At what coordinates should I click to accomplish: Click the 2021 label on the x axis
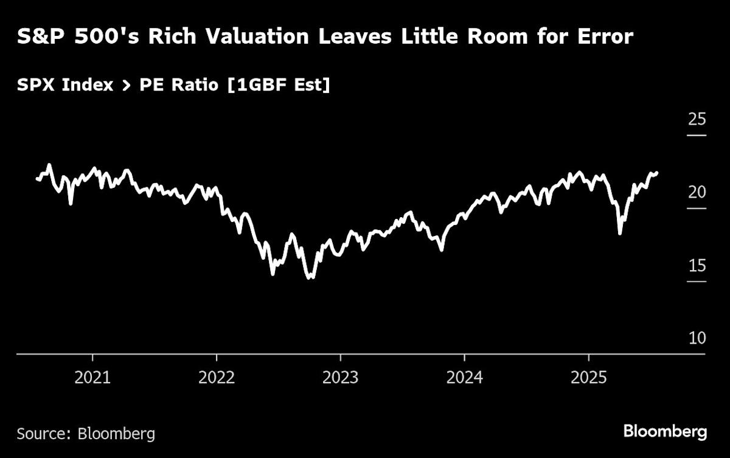point(92,378)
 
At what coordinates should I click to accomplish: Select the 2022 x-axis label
point(217,378)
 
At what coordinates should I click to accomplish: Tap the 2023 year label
point(341,378)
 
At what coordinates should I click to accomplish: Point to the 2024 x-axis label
point(465,378)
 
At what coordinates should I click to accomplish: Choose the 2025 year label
point(589,378)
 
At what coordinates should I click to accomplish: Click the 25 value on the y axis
point(697,119)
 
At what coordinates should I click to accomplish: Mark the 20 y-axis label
point(697,192)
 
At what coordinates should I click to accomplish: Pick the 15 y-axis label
point(697,266)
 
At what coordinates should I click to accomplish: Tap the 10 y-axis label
point(697,338)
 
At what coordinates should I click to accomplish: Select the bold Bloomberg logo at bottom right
point(665,432)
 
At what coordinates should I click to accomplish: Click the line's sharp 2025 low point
point(620,233)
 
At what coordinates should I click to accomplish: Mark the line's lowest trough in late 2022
point(311,277)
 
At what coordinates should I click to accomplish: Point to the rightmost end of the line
point(657,173)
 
